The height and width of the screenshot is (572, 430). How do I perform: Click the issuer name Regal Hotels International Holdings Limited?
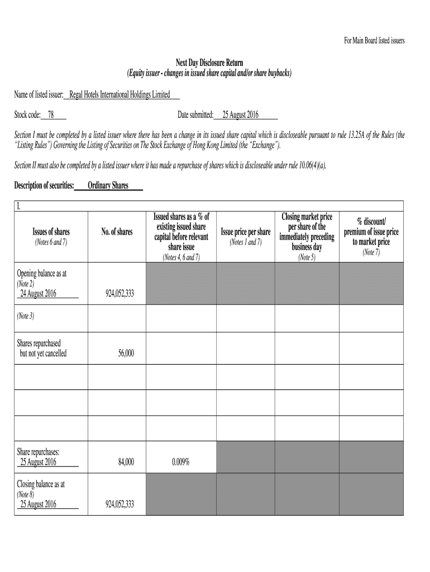pos(119,95)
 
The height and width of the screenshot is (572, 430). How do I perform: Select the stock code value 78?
pos(51,115)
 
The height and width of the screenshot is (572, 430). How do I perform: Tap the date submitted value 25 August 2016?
pos(240,115)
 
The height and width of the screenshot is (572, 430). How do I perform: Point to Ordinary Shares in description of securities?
pos(108,186)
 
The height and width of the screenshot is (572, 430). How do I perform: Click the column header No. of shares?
pos(117,232)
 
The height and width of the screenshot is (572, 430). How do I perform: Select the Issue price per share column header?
pos(246,232)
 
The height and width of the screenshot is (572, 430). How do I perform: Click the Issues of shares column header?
pos(51,232)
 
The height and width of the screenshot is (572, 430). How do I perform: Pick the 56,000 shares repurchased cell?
pos(126,354)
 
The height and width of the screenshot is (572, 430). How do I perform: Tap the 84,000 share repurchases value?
pos(126,462)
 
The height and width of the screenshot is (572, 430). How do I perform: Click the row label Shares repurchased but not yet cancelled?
pos(41,348)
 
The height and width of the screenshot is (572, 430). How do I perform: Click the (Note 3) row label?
pos(26,316)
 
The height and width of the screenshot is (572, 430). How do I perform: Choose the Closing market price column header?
pos(307,232)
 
